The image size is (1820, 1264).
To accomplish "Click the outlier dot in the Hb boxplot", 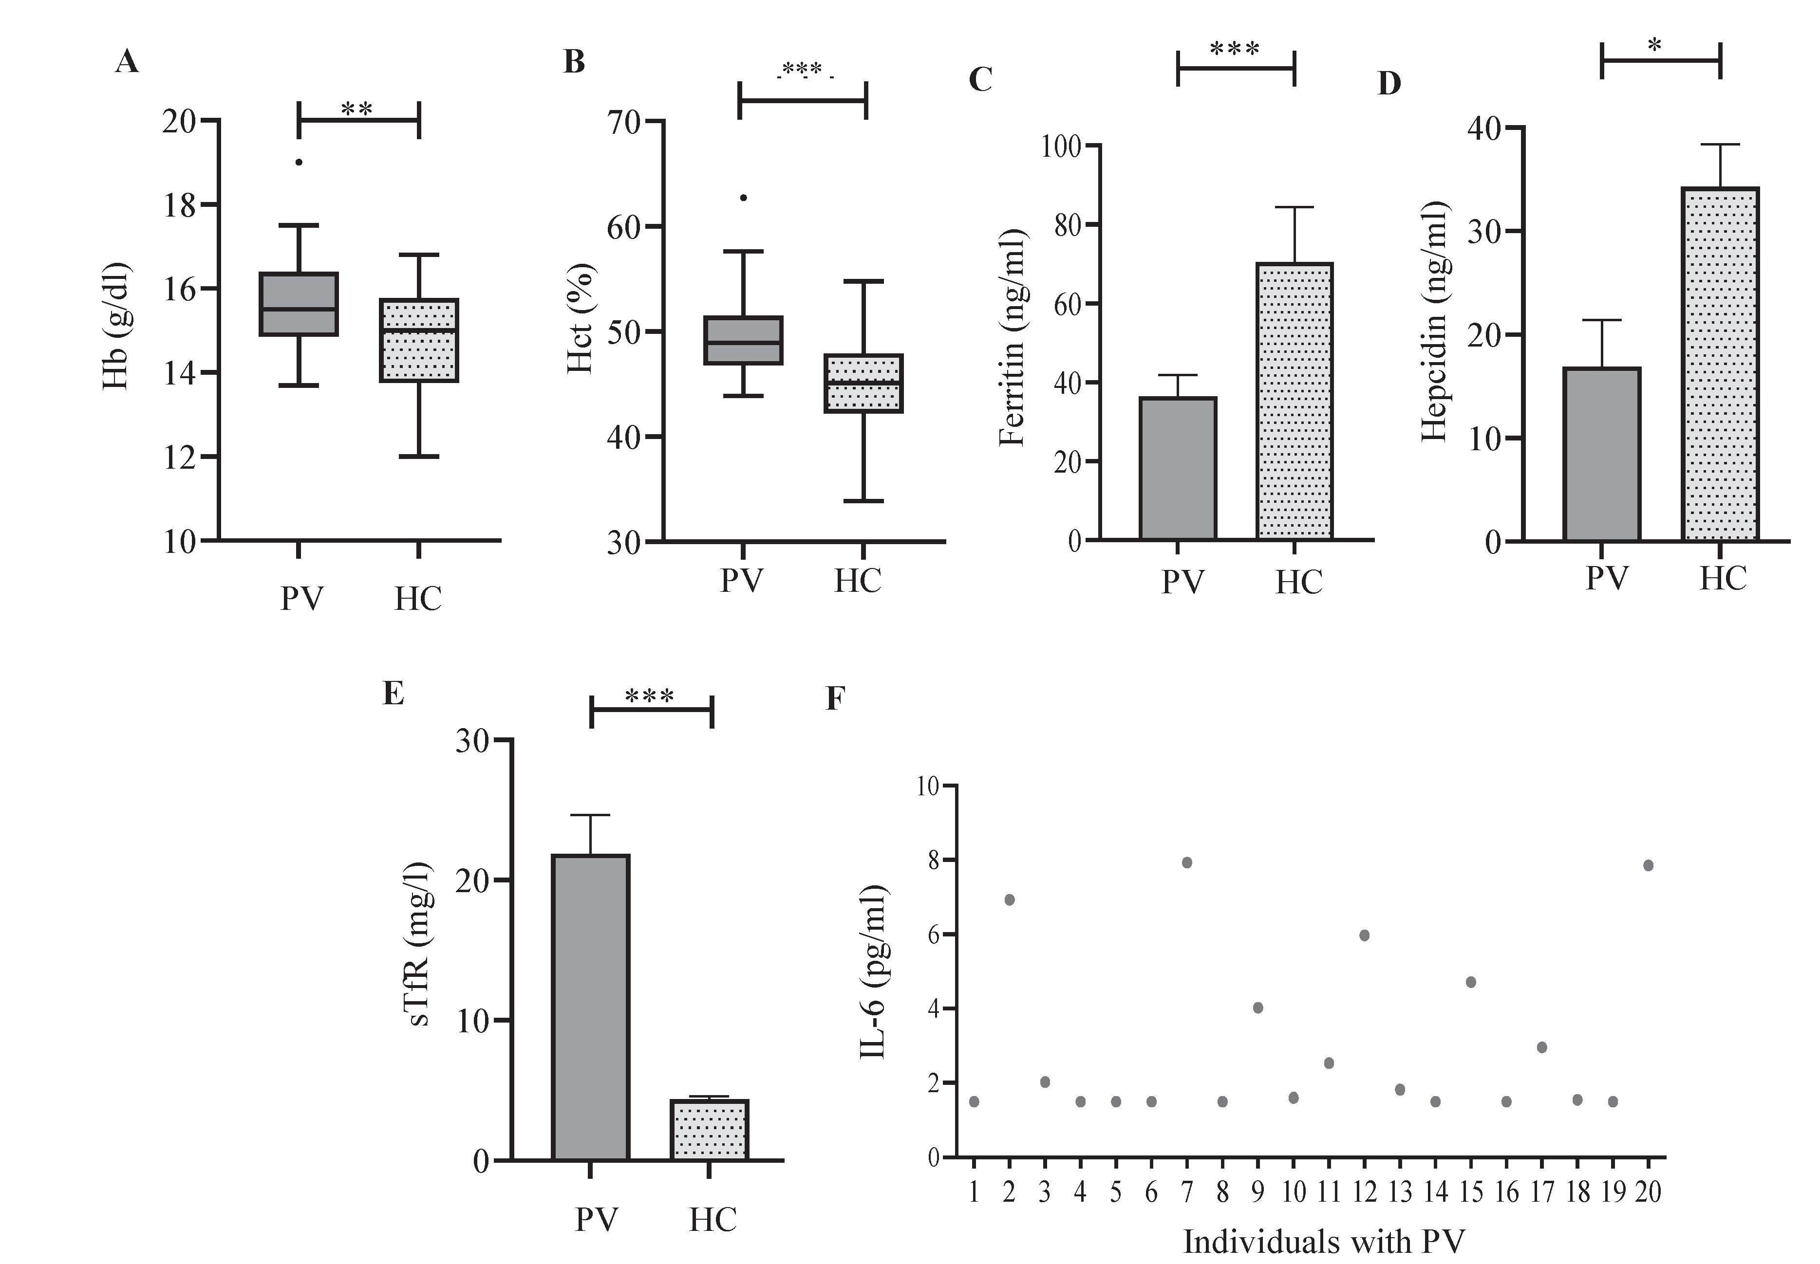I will (x=299, y=163).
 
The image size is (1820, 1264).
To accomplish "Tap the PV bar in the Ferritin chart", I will (x=1178, y=468).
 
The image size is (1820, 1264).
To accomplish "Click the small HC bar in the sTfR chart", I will (x=710, y=1130).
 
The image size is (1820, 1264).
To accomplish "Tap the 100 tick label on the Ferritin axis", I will (x=1062, y=147).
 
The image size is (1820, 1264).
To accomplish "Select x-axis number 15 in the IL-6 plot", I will (x=1471, y=1191).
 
